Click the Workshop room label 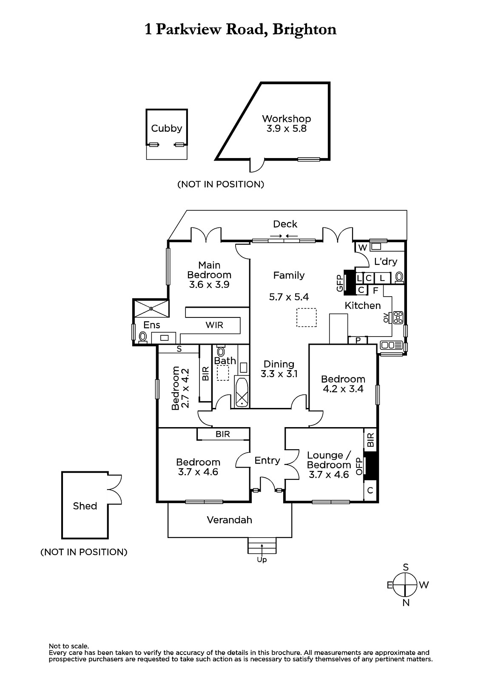286,119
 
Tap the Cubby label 166,128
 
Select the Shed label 85,506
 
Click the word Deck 285,224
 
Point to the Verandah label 229,520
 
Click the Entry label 267,460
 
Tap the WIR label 214,325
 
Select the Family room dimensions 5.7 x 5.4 289,297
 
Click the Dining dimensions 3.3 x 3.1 279,374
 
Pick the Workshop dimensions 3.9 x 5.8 286,128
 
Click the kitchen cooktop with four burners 398,317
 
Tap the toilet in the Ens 142,337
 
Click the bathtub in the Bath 242,392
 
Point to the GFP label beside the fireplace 340,283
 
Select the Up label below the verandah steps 262,560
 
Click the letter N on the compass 406,602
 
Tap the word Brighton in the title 304,29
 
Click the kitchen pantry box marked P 358,340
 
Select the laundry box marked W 362,247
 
